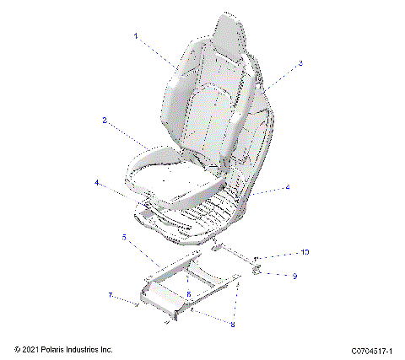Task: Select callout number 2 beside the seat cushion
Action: tap(105, 121)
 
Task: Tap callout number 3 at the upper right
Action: tap(300, 63)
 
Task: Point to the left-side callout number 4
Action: tap(97, 182)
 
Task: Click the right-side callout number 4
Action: tap(288, 187)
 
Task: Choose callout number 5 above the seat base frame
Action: tap(125, 239)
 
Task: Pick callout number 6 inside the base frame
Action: tap(189, 293)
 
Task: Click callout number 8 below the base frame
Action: tap(234, 322)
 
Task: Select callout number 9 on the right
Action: tap(294, 276)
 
